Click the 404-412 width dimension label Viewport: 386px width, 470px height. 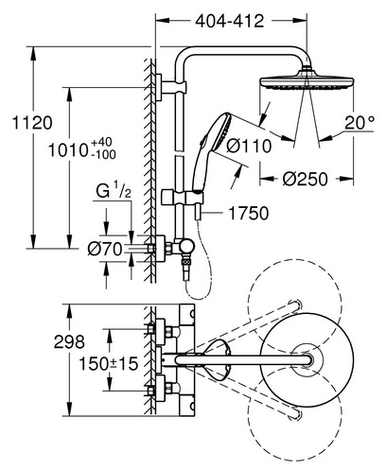coord(229,22)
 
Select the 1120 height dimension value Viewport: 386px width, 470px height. coord(32,123)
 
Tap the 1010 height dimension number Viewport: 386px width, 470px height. coord(67,150)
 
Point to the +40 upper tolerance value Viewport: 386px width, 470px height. coord(101,143)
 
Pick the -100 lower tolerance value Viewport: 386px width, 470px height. coord(103,154)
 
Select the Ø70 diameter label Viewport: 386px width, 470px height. coord(105,250)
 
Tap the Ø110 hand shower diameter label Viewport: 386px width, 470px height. coord(249,147)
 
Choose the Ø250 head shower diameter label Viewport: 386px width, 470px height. coord(305,179)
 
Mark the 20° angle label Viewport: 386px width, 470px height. coord(360,123)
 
